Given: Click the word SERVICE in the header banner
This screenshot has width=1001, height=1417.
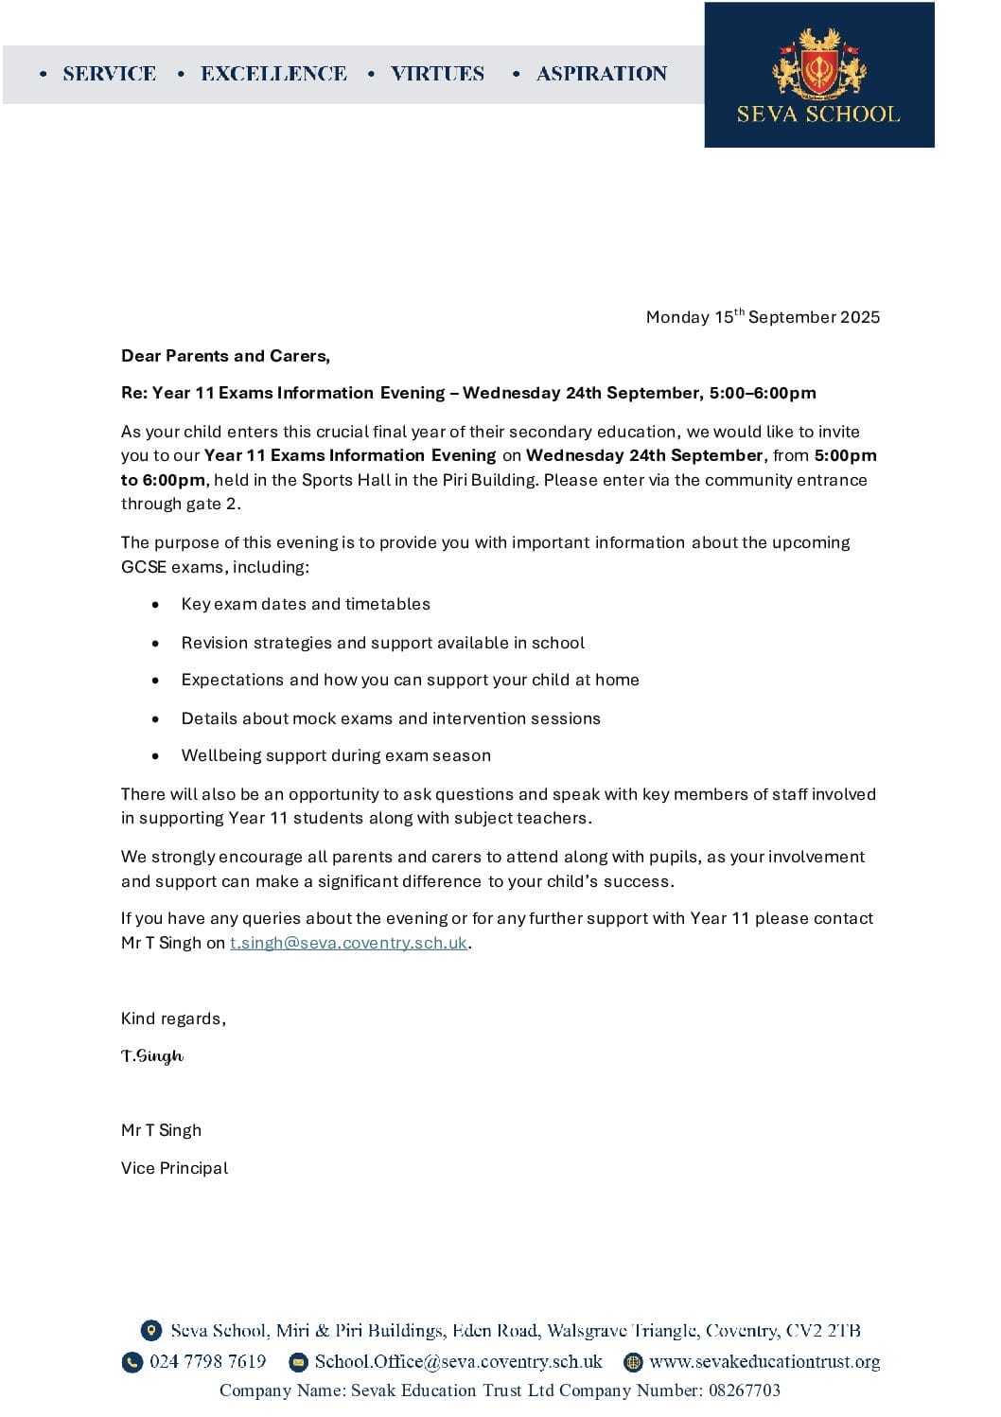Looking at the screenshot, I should (109, 74).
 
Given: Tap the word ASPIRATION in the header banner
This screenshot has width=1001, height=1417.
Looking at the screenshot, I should (602, 74).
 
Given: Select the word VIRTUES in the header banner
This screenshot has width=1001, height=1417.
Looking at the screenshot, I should (437, 74).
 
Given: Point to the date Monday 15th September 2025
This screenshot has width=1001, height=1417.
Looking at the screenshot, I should (763, 317).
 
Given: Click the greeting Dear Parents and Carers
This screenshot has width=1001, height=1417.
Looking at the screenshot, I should (225, 356).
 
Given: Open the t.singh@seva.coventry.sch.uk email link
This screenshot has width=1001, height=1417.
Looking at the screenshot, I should (348, 943).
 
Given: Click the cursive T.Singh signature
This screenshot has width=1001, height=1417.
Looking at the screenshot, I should (152, 1055).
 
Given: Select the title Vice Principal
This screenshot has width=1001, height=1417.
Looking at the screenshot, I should (174, 1168).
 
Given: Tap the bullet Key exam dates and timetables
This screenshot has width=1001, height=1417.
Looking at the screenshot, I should (306, 604).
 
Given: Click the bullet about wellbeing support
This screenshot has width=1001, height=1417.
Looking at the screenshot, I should (336, 755).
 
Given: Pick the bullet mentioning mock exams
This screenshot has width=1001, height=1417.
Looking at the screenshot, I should (391, 718).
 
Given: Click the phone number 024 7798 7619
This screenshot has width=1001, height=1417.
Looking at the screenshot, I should (208, 1361).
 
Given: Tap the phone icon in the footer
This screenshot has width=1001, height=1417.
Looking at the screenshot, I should (132, 1362).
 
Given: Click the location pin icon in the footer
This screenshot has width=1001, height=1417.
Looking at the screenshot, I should (150, 1330).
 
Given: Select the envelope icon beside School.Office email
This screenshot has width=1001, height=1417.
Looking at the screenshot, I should (298, 1362).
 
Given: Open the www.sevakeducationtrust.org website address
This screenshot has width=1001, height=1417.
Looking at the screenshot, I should (764, 1361).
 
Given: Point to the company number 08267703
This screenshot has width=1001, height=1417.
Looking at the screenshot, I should (744, 1390).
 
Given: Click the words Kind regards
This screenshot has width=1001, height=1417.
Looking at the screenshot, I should (173, 1018).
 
